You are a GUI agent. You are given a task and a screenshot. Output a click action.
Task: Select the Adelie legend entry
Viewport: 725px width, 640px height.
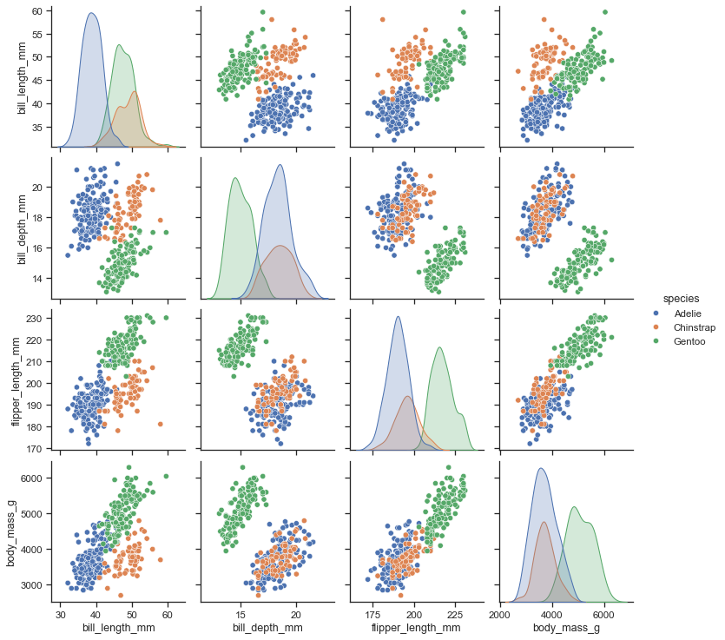[682, 313]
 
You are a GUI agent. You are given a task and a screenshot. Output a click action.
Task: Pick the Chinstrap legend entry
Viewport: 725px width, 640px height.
[687, 327]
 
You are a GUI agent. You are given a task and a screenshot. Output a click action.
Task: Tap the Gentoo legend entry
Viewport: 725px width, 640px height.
[682, 342]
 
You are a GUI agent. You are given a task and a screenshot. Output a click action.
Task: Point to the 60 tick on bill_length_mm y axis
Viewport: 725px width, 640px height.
[39, 11]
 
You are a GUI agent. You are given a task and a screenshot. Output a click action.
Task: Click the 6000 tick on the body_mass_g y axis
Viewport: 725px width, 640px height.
[34, 478]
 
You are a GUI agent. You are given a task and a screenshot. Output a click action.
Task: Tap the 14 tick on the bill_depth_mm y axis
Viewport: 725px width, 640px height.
[39, 279]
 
